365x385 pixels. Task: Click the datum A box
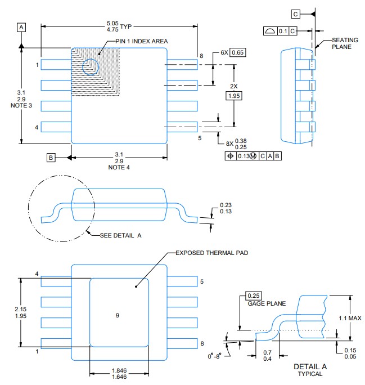pos(21,27)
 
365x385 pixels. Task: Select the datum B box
pos(51,158)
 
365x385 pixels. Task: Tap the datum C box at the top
pos(295,14)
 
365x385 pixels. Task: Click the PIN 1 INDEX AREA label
pos(142,41)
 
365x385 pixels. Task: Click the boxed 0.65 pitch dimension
pos(238,52)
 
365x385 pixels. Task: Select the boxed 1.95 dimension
pos(234,96)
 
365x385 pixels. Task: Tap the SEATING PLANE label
pos(345,43)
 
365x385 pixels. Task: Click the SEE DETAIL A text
pos(121,235)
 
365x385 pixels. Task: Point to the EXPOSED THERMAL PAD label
pos(212,253)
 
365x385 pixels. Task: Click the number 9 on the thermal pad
pos(118,315)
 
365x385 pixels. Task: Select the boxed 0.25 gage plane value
pos(254,296)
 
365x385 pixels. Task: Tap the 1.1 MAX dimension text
pos(350,318)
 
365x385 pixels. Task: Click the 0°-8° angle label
pos(215,356)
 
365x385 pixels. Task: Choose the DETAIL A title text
pos(310,366)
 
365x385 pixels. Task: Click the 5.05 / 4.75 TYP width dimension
pos(119,26)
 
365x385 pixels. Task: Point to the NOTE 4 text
pos(119,168)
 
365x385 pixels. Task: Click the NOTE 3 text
pos(21,106)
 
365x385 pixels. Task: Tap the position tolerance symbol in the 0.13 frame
pos(231,156)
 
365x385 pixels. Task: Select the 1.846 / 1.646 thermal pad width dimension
pos(119,374)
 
